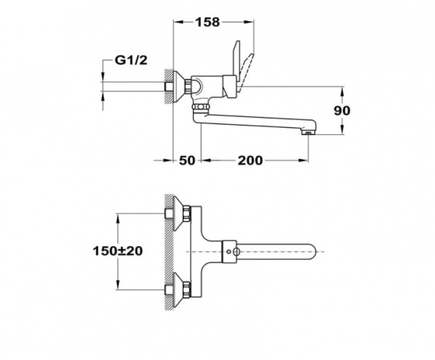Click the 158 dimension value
(209, 22)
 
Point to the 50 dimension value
(187, 160)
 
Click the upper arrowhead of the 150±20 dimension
(118, 216)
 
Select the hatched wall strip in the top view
(167, 250)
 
